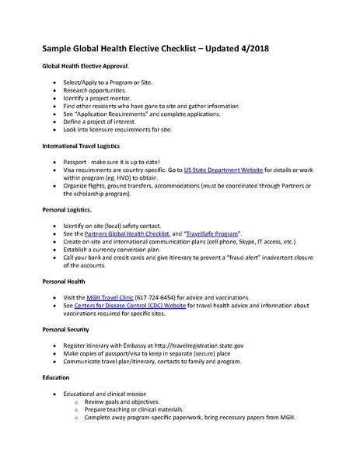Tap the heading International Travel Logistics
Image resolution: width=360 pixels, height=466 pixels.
coord(82,145)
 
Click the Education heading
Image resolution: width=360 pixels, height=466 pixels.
coord(55,377)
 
